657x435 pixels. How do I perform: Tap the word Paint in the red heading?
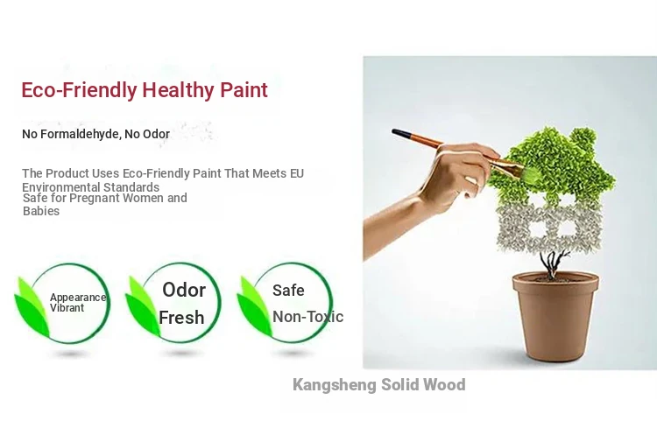tap(244, 89)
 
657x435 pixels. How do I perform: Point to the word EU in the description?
tap(297, 173)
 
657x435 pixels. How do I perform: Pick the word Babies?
tap(41, 211)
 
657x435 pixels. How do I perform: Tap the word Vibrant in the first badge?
tap(67, 308)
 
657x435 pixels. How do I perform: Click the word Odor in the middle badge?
tap(184, 290)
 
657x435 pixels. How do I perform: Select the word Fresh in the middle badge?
tap(181, 318)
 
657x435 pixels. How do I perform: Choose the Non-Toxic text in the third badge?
tap(308, 317)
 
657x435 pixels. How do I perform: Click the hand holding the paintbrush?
tap(456, 176)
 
